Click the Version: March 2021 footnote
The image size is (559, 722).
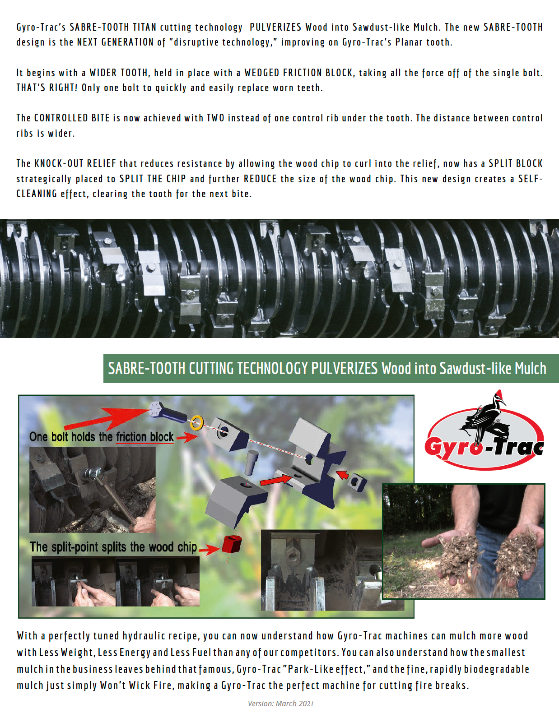coord(280,703)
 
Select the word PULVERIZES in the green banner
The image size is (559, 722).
coord(345,369)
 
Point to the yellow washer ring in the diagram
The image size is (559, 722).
coord(196,422)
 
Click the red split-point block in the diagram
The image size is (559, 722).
coord(232,544)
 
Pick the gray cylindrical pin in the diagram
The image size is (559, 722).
coord(251,462)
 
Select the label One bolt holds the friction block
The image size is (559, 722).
coord(101,437)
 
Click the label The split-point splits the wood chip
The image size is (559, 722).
coord(113,547)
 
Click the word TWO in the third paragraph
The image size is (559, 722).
coord(215,118)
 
